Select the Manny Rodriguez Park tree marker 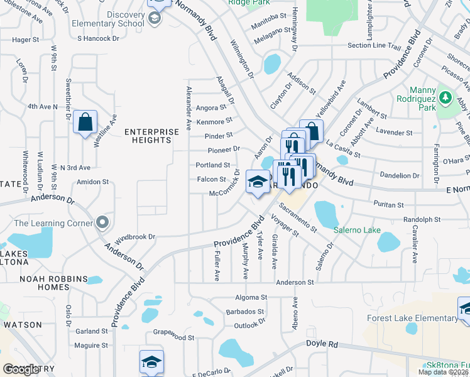pyautogui.click(x=445, y=98)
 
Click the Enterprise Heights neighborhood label pyautogui.click(x=148, y=136)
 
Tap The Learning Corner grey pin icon pyautogui.click(x=102, y=222)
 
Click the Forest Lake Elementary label pyautogui.click(x=413, y=318)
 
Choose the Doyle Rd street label pyautogui.click(x=322, y=344)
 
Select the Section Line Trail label pyautogui.click(x=374, y=46)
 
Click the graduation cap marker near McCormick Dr pyautogui.click(x=256, y=182)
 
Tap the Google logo pyautogui.click(x=21, y=369)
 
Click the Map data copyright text pyautogui.click(x=443, y=372)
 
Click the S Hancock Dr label pyautogui.click(x=98, y=38)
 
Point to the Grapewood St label pyautogui.click(x=173, y=337)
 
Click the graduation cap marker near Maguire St pyautogui.click(x=151, y=363)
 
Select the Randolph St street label pyautogui.click(x=422, y=219)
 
